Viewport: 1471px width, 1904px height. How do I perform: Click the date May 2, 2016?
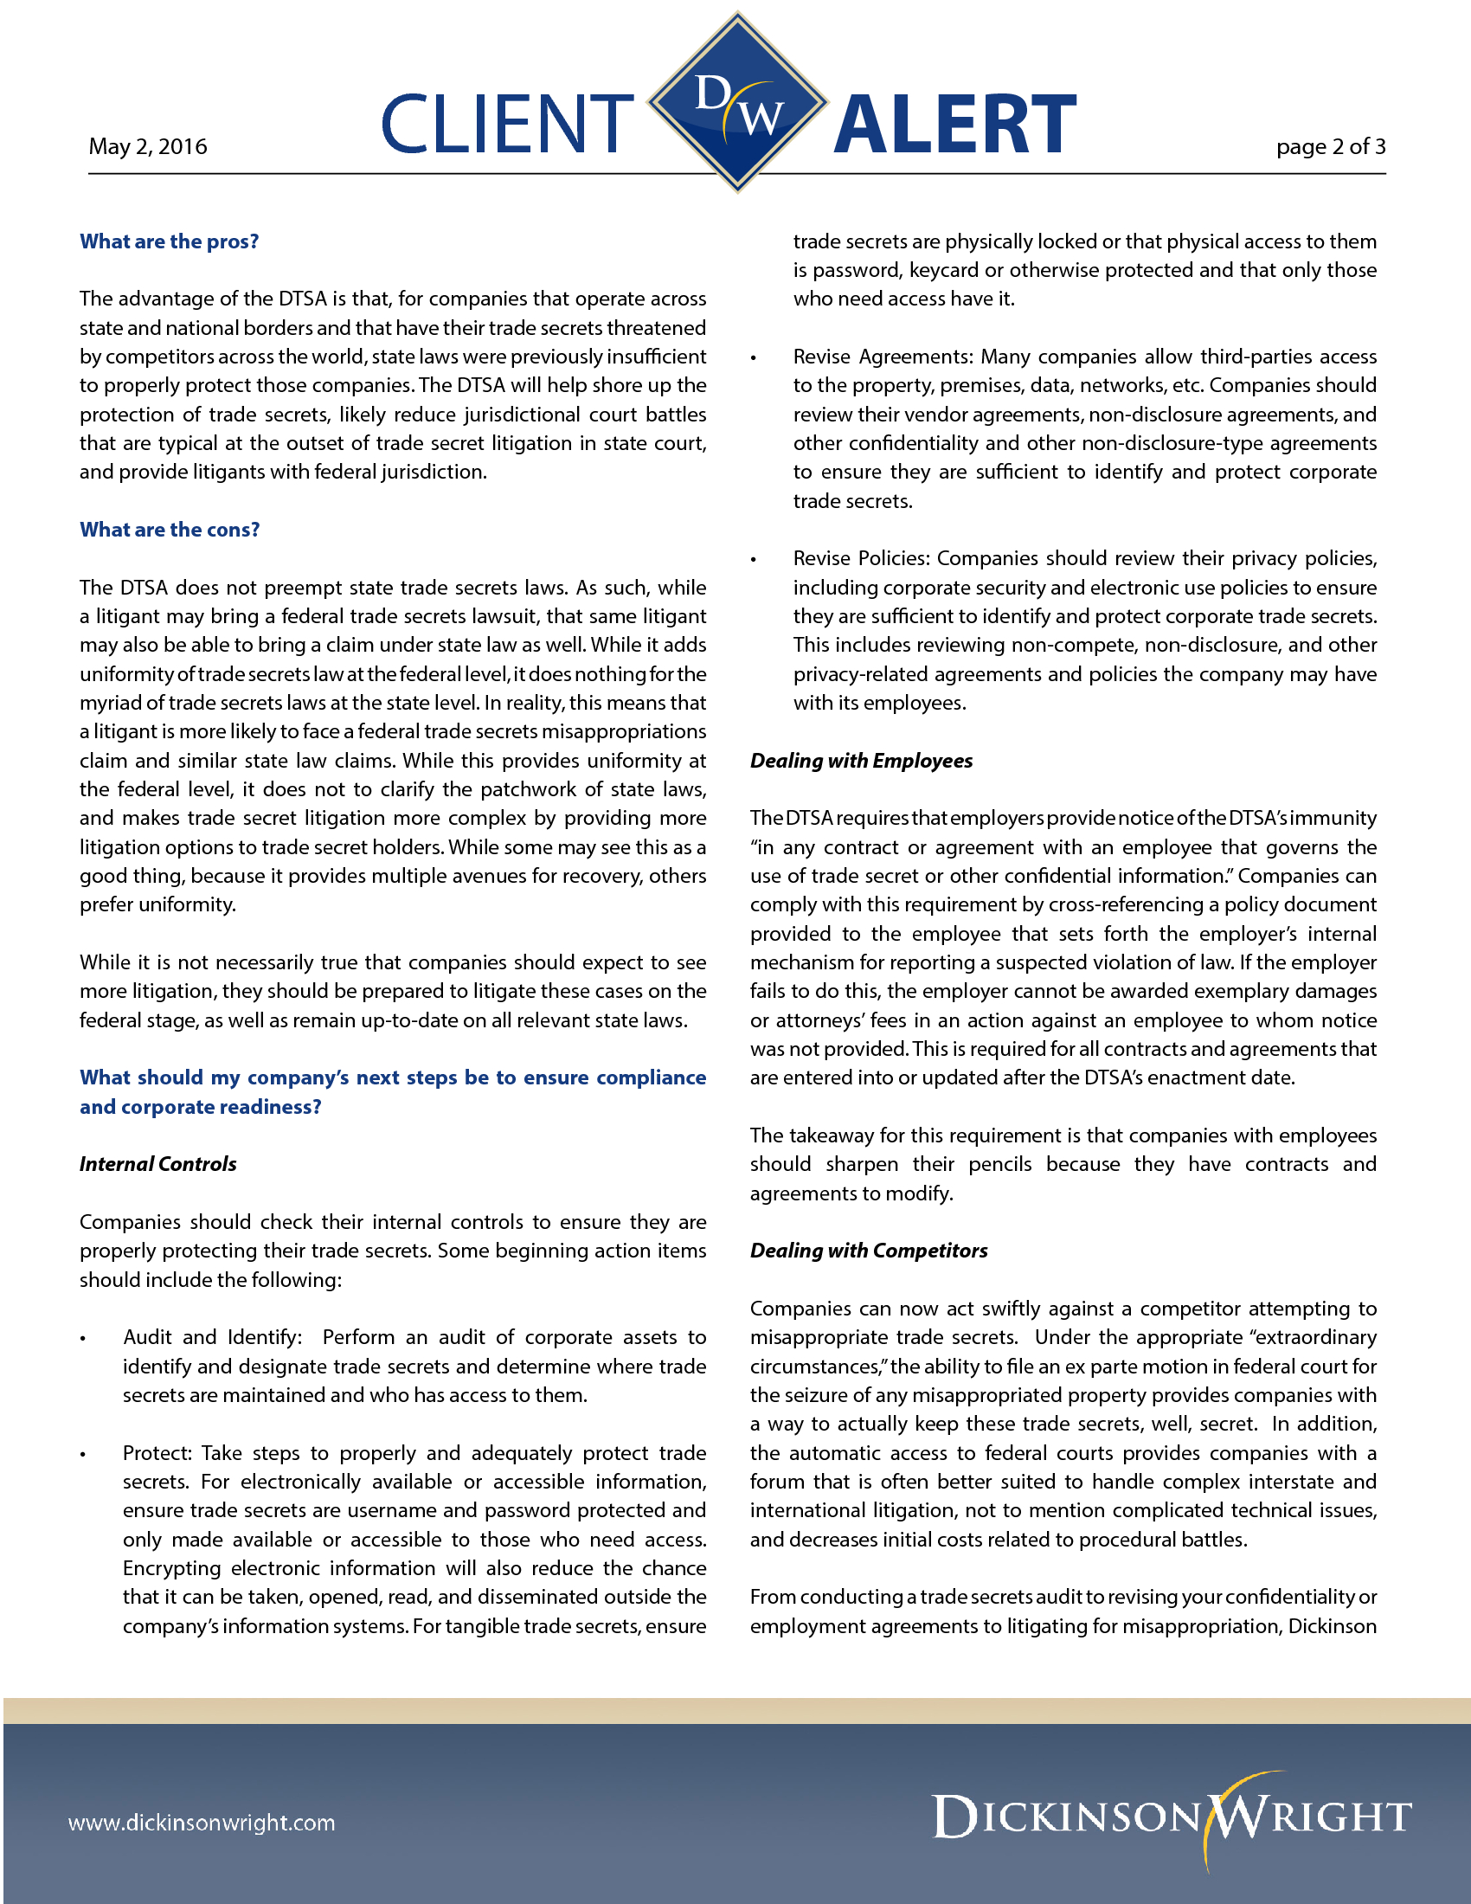147,146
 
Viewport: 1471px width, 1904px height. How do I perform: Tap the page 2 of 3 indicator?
1330,146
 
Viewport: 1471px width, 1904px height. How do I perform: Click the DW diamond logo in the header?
737,102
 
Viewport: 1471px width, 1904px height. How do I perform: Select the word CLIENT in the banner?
507,125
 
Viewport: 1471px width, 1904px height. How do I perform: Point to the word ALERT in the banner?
955,125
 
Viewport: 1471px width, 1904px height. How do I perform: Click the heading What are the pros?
169,241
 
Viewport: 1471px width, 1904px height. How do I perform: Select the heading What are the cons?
169,530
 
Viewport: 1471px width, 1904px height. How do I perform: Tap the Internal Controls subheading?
157,1165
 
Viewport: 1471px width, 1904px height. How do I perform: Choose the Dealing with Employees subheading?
861,761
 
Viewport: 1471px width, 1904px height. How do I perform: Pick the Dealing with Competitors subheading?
869,1251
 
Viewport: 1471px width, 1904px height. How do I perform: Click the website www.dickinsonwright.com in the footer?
202,1823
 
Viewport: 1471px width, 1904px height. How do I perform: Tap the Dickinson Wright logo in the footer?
1172,1817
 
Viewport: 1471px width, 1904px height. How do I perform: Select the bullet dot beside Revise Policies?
754,560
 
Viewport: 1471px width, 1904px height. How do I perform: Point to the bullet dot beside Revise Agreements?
754,358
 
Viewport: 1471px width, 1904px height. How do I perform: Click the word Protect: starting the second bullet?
157,1453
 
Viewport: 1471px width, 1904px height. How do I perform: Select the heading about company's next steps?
392,1092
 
